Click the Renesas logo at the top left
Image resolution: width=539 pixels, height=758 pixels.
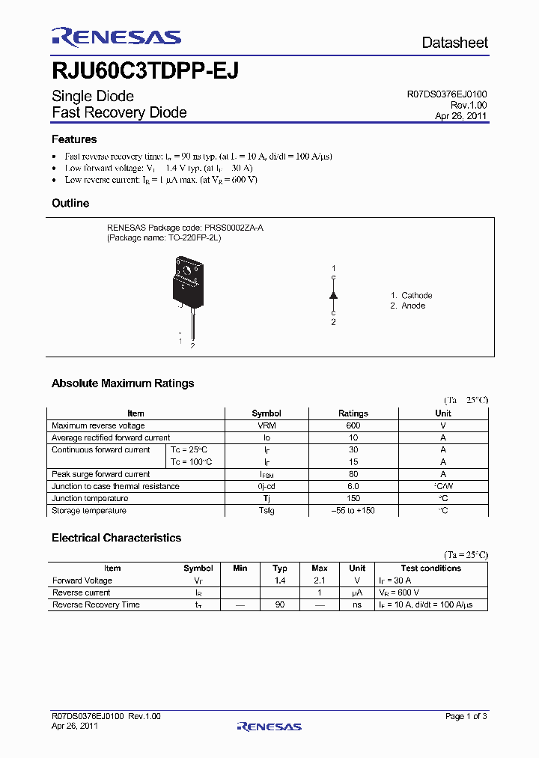[x=116, y=37]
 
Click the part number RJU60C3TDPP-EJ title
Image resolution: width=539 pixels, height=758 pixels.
[x=145, y=70]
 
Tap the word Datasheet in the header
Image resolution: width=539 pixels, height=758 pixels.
[x=454, y=43]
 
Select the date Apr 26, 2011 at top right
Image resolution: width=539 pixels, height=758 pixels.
[x=460, y=116]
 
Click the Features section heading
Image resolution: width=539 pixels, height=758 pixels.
[x=74, y=139]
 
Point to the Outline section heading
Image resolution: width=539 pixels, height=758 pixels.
[x=70, y=203]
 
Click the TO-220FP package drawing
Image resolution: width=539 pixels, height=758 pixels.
[x=187, y=285]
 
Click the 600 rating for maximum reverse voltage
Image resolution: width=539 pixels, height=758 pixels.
[x=353, y=425]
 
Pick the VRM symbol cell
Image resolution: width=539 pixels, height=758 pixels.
[x=267, y=425]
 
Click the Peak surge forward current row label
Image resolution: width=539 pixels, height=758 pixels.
[x=100, y=474]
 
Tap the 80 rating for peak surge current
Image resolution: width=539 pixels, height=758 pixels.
[x=353, y=474]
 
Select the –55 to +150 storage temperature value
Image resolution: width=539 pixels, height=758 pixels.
[x=353, y=511]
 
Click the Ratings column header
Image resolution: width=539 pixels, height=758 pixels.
[x=353, y=413]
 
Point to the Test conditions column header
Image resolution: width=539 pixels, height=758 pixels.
[x=430, y=568]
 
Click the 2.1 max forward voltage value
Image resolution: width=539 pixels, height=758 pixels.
[x=319, y=580]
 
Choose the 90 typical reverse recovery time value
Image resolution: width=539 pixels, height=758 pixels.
[x=280, y=604]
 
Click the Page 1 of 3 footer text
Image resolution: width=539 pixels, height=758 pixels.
[x=466, y=716]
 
